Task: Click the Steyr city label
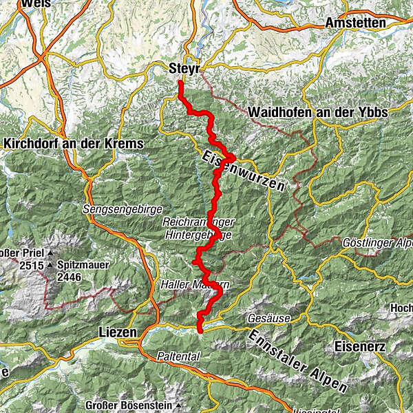[x=184, y=69]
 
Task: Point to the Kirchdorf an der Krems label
[x=73, y=144]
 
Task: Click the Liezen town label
[x=112, y=332]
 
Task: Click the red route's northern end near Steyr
[x=180, y=83]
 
